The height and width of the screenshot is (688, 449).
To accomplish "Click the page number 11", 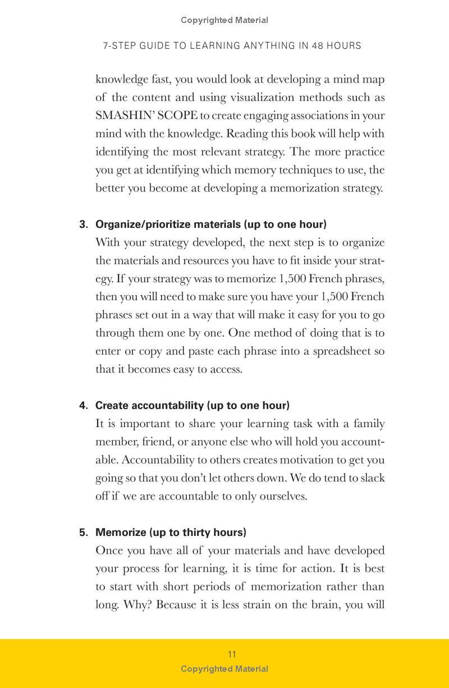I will (232, 654).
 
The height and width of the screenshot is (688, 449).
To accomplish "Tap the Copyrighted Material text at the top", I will (224, 20).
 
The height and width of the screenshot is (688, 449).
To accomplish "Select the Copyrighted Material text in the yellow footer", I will (224, 668).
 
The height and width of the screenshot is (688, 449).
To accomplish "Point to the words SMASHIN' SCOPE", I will (146, 116).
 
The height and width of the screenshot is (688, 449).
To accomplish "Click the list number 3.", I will (83, 224).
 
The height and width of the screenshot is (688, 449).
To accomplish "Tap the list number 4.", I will (83, 406).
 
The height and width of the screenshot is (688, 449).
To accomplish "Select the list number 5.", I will (83, 533).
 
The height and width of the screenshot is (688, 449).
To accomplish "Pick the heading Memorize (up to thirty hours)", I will (171, 533).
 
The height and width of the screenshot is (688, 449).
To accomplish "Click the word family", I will (369, 424).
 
